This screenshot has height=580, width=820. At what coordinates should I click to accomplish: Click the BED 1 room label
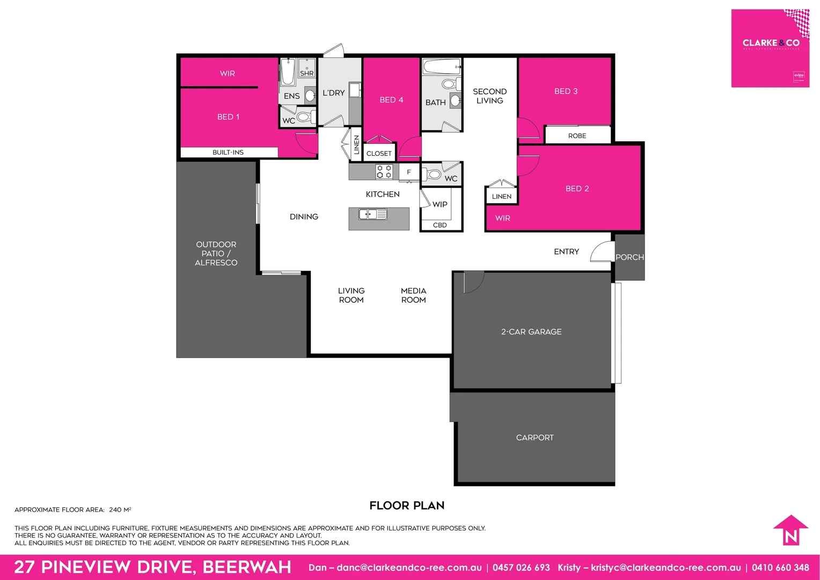228,117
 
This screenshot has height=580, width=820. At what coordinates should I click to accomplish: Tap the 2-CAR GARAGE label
531,332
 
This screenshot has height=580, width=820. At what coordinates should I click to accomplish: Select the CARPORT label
535,438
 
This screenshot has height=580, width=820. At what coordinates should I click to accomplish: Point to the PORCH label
629,257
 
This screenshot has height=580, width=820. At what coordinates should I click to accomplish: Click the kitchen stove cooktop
384,172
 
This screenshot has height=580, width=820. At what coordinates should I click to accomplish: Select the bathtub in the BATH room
442,68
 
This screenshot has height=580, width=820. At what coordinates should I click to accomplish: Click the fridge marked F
409,172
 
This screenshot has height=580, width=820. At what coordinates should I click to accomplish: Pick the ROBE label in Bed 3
577,136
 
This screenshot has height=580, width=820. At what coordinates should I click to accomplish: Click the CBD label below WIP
440,225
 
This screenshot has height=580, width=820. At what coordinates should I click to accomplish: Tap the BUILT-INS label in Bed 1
228,153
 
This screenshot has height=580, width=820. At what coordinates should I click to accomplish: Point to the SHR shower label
306,73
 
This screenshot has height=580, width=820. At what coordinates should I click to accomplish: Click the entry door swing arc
601,251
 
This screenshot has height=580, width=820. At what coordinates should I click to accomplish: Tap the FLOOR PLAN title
407,505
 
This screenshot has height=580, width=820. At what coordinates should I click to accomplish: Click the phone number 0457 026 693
521,568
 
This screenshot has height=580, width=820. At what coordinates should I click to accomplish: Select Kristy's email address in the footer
665,568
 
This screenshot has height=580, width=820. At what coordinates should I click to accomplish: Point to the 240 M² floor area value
120,510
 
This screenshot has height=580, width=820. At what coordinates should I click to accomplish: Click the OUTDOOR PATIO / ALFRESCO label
216,253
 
